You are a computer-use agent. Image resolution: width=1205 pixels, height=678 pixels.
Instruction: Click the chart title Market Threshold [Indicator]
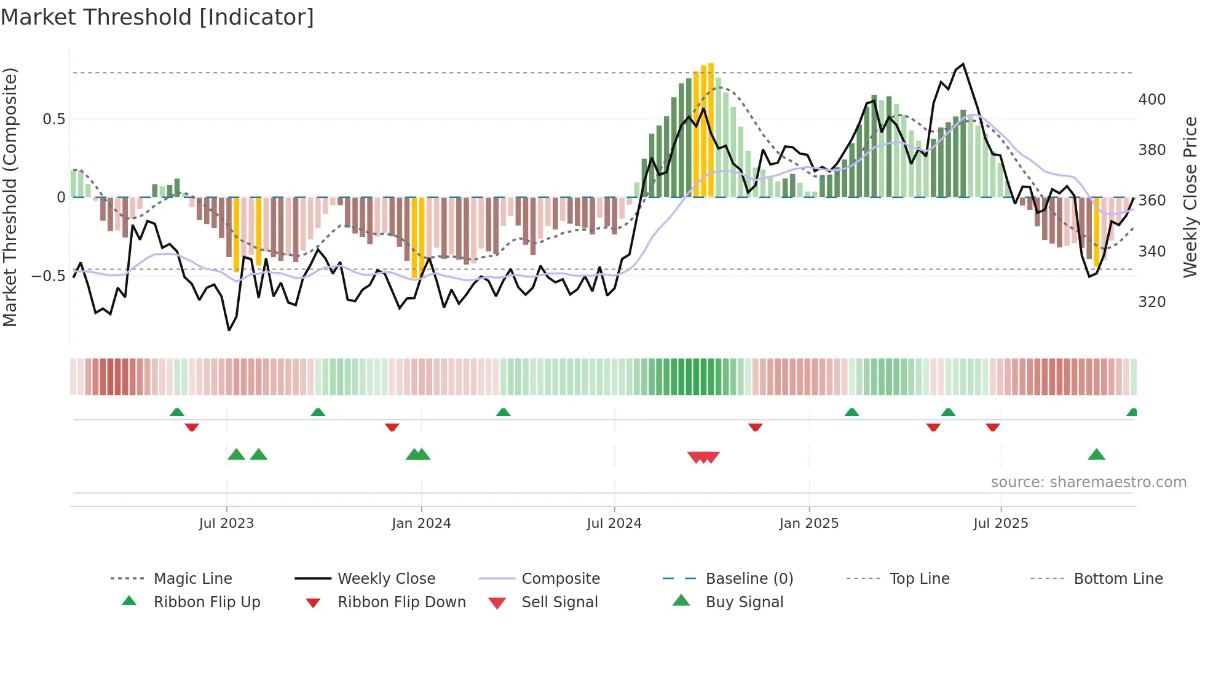pyautogui.click(x=157, y=17)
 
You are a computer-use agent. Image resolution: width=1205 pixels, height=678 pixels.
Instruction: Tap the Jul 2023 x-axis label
pyautogui.click(x=226, y=524)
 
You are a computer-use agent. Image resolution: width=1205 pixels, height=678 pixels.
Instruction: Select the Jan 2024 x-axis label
pyautogui.click(x=421, y=524)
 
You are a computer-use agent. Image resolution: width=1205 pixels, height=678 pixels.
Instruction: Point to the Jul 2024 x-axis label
pyautogui.click(x=614, y=524)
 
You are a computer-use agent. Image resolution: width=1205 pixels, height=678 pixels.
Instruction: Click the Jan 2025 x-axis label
pyautogui.click(x=808, y=524)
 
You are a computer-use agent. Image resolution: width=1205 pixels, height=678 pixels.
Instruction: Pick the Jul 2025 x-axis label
pyautogui.click(x=1000, y=524)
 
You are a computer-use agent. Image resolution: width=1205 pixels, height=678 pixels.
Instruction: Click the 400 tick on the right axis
pyautogui.click(x=1152, y=100)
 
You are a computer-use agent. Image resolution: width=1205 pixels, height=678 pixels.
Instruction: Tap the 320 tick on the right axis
pyautogui.click(x=1152, y=302)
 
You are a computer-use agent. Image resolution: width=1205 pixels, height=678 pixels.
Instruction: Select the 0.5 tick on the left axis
pyautogui.click(x=53, y=119)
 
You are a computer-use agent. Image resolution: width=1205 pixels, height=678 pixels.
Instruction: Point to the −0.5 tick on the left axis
pyautogui.click(x=49, y=276)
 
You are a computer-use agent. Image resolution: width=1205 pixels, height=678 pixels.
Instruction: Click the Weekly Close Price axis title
pyautogui.click(x=1190, y=197)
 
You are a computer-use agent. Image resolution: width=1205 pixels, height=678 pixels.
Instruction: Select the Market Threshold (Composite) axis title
pyautogui.click(x=10, y=197)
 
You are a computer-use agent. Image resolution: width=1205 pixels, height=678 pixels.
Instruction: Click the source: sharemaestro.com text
pyautogui.click(x=1088, y=482)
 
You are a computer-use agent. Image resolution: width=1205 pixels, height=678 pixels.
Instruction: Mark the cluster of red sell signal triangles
pyautogui.click(x=703, y=457)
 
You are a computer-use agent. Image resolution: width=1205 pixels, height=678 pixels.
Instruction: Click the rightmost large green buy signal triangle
pyautogui.click(x=1096, y=455)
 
